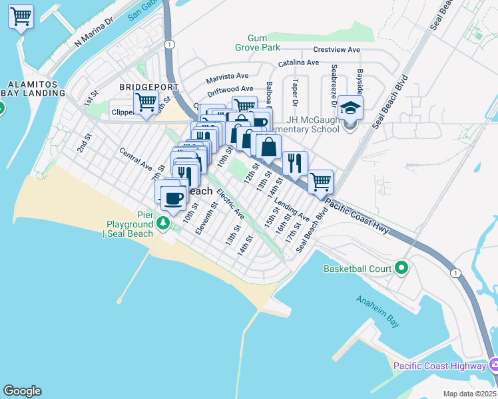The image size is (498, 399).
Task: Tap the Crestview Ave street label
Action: point(336,50)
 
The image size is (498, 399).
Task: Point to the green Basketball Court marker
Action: point(401,269)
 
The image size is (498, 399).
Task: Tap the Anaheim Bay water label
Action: point(377,311)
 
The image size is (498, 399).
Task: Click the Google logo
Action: point(22,391)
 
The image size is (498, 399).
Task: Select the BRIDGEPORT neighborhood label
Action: point(148,87)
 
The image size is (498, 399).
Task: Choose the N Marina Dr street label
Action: point(95,32)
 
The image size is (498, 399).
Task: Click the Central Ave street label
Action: point(136,158)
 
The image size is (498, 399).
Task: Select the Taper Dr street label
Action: point(294,94)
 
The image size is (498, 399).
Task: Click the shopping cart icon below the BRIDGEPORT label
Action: point(146,103)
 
